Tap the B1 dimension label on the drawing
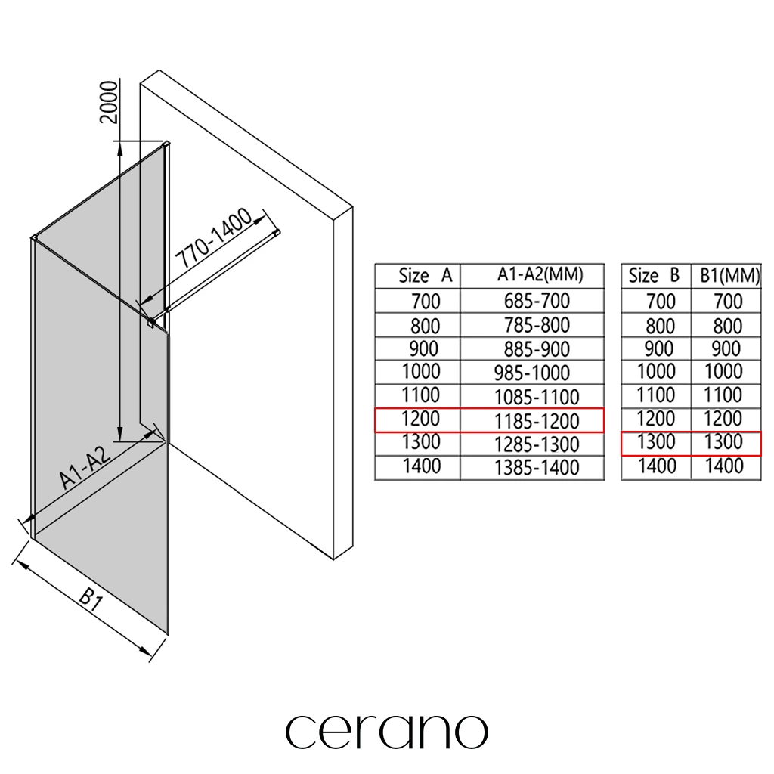[x=91, y=600]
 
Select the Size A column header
[x=425, y=276]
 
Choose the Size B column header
[x=654, y=276]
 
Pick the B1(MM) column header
[x=726, y=276]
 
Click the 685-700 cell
[x=537, y=301]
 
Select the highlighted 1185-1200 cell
[x=537, y=420]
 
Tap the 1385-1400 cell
[x=537, y=468]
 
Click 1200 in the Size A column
[x=421, y=419]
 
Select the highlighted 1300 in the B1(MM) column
[x=723, y=442]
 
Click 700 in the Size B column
[x=661, y=302]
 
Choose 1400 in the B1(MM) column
[x=723, y=466]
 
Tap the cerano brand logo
[x=386, y=731]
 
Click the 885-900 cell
[x=537, y=349]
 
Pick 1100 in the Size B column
[x=656, y=395]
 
